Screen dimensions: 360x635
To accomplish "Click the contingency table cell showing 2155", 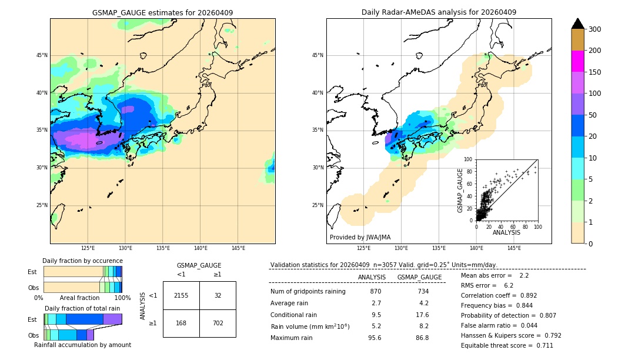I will (x=181, y=295).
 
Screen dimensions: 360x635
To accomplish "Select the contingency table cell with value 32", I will (x=218, y=295).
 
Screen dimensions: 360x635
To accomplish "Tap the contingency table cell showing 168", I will (x=181, y=323).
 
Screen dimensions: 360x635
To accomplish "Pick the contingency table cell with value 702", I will (x=218, y=323).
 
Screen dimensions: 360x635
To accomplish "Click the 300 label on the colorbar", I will (x=596, y=29).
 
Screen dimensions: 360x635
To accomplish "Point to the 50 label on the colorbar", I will (x=594, y=115).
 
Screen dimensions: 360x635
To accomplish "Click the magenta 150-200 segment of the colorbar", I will (x=578, y=61).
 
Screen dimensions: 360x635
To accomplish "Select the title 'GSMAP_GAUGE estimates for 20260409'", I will (x=162, y=12).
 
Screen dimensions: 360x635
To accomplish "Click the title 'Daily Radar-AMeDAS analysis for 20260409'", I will (x=439, y=12).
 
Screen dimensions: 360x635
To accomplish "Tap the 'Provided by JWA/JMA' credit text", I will (x=360, y=238).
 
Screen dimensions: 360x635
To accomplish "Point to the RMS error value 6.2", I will (x=509, y=285).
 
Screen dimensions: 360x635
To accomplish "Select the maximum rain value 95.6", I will (x=375, y=338).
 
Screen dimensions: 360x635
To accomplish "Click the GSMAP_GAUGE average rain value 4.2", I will (x=423, y=304).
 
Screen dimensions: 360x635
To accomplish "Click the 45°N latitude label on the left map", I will (x=41, y=55).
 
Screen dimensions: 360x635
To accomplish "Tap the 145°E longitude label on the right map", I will (x=514, y=248).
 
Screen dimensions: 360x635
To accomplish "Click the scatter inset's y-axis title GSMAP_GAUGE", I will (x=461, y=190).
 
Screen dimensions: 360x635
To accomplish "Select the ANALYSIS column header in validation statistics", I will (x=372, y=277).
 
